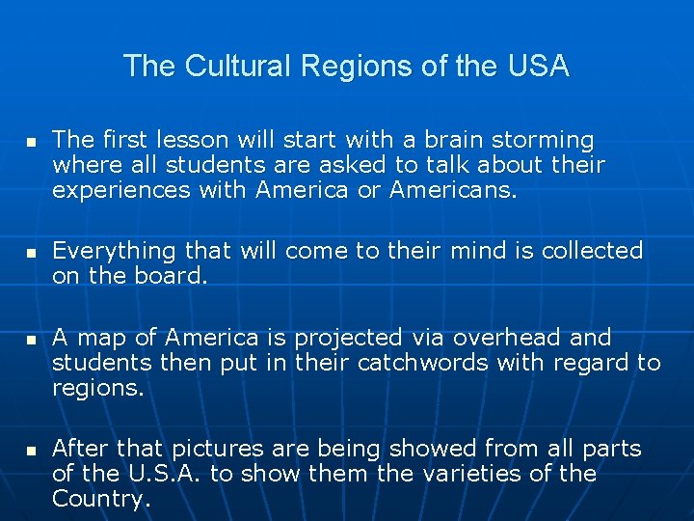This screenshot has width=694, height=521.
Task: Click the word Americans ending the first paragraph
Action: pos(453,190)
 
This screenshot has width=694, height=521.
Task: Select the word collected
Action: pos(592,251)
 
